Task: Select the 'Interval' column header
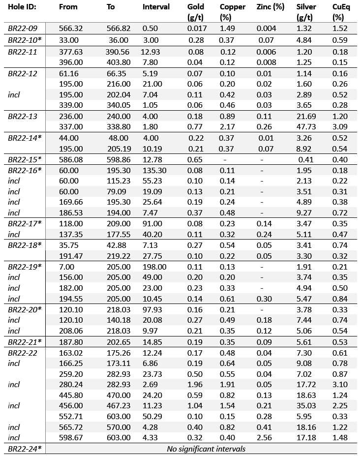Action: tap(156, 7)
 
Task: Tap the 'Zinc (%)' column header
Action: tap(270, 7)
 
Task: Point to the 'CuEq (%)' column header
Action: tap(339, 12)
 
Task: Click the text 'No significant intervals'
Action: tap(206, 449)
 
